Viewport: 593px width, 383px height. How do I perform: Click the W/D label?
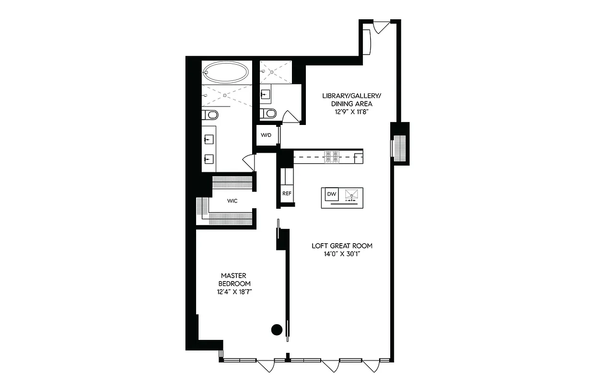266,135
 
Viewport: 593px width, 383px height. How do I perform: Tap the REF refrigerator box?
287,193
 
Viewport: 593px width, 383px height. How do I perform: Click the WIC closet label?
233,201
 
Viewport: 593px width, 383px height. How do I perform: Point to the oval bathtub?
226,73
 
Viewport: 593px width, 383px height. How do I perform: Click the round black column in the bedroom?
277,329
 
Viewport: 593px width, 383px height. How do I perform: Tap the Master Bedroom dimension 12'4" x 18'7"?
234,291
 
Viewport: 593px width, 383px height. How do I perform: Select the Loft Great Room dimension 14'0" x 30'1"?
342,254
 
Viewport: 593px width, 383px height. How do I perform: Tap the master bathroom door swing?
249,162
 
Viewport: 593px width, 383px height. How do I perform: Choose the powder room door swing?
290,117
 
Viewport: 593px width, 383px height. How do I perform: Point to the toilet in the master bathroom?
210,114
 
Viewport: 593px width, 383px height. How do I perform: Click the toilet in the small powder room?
269,113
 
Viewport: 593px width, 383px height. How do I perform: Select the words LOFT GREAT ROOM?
342,246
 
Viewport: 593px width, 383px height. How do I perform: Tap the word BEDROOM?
234,283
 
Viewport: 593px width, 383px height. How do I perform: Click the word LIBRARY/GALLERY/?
347,96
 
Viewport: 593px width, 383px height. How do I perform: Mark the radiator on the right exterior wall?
399,146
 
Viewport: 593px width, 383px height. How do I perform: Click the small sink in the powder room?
266,94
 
